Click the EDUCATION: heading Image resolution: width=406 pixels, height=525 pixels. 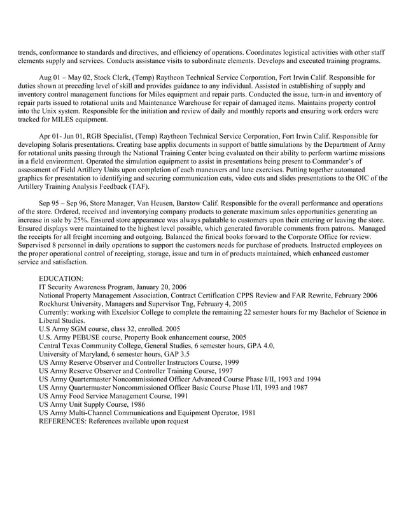click(60, 278)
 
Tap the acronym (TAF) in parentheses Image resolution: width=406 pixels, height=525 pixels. click(139, 187)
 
